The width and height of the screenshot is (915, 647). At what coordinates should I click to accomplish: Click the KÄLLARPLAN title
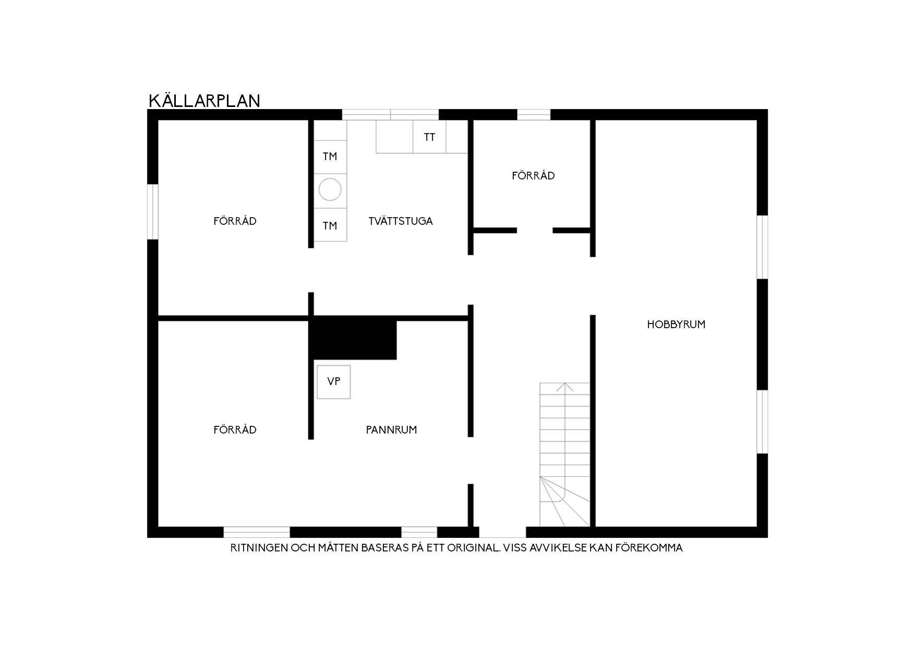pyautogui.click(x=204, y=100)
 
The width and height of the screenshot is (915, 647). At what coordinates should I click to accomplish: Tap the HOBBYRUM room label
pyautogui.click(x=676, y=325)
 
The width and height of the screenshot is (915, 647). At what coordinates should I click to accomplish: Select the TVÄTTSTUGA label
pyautogui.click(x=401, y=221)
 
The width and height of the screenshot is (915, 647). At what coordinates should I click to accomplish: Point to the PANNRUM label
pyautogui.click(x=391, y=430)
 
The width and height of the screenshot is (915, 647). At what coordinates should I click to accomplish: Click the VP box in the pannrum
pyautogui.click(x=334, y=382)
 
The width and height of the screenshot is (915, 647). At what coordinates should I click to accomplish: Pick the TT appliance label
pyautogui.click(x=429, y=137)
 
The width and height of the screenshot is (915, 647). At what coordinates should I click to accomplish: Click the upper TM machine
pyautogui.click(x=330, y=157)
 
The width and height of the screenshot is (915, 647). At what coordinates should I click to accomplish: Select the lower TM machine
pyautogui.click(x=330, y=225)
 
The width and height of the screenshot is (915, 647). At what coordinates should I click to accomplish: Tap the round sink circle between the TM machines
pyautogui.click(x=330, y=189)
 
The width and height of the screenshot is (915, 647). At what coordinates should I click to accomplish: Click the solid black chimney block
pyautogui.click(x=353, y=338)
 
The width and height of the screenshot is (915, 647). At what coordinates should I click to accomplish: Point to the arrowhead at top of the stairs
pyautogui.click(x=564, y=387)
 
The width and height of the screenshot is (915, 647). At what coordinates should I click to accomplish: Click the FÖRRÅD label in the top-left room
pyautogui.click(x=235, y=221)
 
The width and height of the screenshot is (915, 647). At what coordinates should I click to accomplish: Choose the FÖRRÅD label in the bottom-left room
pyautogui.click(x=235, y=430)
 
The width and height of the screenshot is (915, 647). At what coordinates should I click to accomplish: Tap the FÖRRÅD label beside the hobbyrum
pyautogui.click(x=533, y=176)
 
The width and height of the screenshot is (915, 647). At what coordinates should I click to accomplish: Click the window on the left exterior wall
pyautogui.click(x=153, y=212)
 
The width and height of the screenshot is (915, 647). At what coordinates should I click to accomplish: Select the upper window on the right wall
pyautogui.click(x=762, y=247)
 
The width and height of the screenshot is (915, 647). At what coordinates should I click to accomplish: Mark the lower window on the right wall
pyautogui.click(x=762, y=422)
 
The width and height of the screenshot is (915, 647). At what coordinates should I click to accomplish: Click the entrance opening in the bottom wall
pyautogui.click(x=502, y=532)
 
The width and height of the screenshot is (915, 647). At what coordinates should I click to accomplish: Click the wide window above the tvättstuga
pyautogui.click(x=390, y=115)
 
